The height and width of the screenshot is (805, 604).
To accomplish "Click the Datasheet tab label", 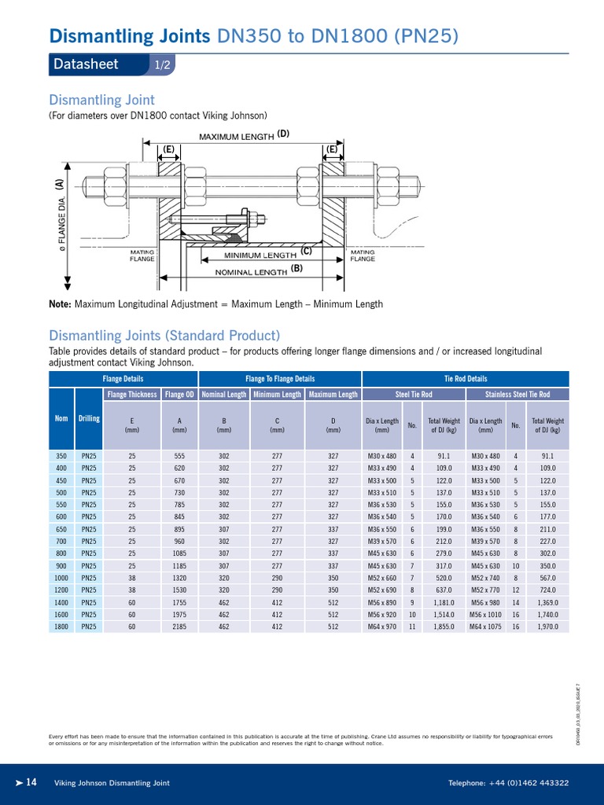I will [86, 64].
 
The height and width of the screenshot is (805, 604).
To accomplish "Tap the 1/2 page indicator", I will [162, 65].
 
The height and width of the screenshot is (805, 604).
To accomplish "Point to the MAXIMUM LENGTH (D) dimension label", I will [244, 135].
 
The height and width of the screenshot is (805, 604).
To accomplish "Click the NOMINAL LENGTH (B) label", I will [259, 270].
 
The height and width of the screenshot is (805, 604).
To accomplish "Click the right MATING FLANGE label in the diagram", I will [341, 255].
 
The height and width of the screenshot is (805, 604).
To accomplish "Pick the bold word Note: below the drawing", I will [61, 304].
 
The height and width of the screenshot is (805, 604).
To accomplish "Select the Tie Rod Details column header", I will [466, 379].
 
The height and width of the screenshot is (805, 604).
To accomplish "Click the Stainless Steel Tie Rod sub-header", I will [517, 394].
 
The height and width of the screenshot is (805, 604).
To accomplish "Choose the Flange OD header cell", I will [179, 394].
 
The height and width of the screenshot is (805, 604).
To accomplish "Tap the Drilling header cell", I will [89, 418].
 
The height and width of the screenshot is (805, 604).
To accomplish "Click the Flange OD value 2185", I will [179, 627].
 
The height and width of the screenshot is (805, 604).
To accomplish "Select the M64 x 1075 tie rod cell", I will [485, 627].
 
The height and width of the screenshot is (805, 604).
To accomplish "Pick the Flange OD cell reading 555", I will [179, 455].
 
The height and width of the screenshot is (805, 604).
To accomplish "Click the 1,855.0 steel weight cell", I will [444, 627].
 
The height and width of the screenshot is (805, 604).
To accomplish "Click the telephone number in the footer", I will [509, 783].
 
